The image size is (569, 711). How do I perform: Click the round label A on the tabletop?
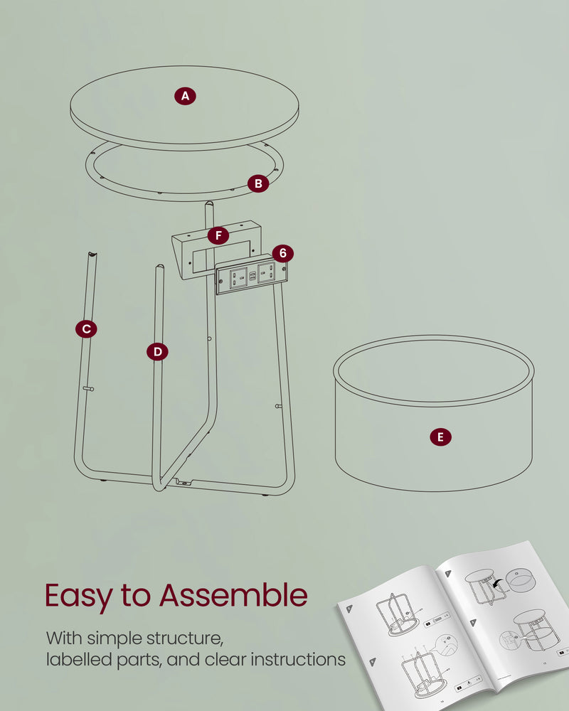(x=185, y=96)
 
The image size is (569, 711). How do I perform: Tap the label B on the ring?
(x=258, y=183)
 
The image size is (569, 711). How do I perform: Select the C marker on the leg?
(x=86, y=328)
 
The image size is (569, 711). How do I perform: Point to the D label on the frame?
(x=157, y=351)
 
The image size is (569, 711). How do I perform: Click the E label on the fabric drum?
(x=440, y=437)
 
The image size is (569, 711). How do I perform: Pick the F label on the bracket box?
(x=218, y=235)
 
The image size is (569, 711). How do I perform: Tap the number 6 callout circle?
(x=282, y=253)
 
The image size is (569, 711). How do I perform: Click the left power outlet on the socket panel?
(x=237, y=276)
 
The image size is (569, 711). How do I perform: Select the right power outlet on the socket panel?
(x=266, y=272)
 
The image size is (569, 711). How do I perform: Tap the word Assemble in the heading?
(x=233, y=596)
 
